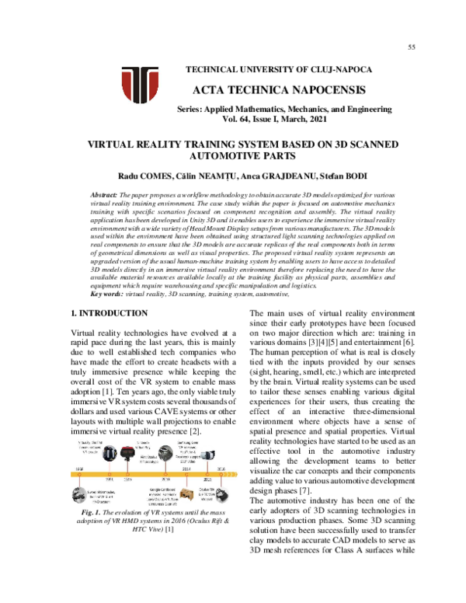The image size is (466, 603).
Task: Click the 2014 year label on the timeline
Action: click(x=186, y=469)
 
